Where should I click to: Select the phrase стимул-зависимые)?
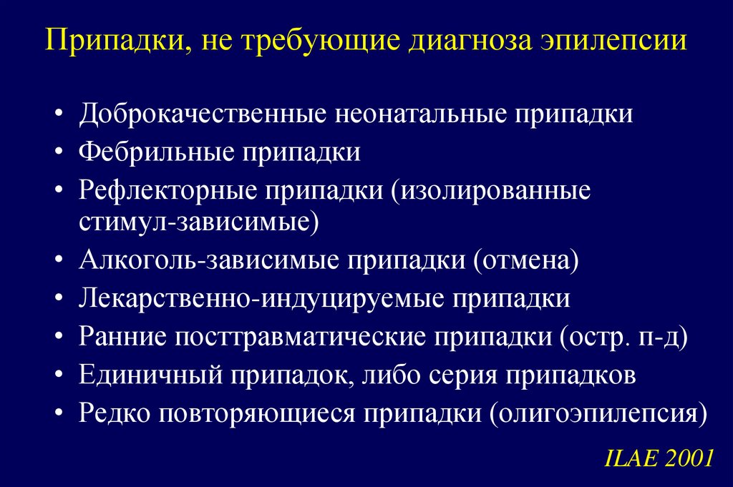199,220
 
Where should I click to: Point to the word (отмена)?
523,259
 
